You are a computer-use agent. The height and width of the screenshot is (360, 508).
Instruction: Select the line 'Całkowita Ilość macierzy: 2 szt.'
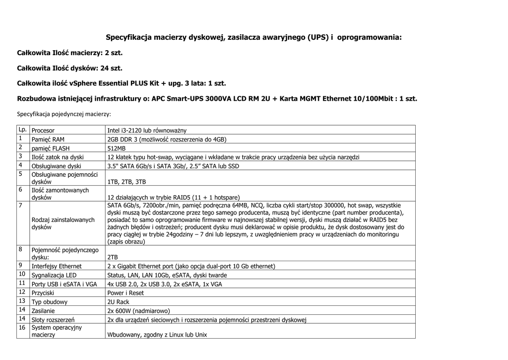click(69, 52)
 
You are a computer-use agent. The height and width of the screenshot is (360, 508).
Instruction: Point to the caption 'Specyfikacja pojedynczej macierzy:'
click(64, 114)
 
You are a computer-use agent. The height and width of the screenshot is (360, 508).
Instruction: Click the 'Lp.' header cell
click(23, 130)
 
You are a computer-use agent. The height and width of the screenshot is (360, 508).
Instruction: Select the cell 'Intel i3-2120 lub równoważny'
click(147, 131)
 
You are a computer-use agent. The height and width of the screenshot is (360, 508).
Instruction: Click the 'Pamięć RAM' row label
click(48, 140)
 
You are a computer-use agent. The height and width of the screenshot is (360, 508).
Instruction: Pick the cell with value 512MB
click(117, 148)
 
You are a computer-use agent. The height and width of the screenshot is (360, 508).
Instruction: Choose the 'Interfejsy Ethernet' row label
click(57, 266)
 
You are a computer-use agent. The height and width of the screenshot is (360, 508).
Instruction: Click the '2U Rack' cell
click(118, 302)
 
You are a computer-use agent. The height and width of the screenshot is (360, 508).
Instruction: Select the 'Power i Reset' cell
click(126, 293)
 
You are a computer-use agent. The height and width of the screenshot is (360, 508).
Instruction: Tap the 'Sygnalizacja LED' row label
click(54, 275)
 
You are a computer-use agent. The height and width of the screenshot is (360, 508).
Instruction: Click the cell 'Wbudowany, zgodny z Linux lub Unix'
click(157, 335)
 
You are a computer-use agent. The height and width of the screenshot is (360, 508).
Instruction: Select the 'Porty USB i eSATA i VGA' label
click(64, 284)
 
